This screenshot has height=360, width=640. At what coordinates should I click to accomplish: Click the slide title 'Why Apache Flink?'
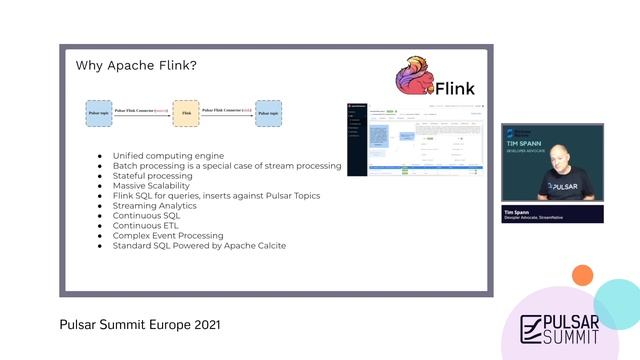tap(136, 66)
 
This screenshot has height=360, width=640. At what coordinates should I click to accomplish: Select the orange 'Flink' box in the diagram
tap(185, 113)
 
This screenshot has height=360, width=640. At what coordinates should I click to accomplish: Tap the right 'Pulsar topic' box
tap(268, 113)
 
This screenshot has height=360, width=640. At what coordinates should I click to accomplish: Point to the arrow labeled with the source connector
tap(142, 113)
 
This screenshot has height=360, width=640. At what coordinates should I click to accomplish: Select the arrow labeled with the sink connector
tap(227, 113)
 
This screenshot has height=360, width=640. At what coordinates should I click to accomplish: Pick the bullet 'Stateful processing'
tap(152, 175)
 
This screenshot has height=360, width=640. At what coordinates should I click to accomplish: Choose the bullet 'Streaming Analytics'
tap(154, 205)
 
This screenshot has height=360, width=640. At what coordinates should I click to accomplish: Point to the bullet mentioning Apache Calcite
tap(199, 245)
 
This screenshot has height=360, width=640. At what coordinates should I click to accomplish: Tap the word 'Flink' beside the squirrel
tap(461, 88)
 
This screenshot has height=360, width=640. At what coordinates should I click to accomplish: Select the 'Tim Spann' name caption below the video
tap(515, 212)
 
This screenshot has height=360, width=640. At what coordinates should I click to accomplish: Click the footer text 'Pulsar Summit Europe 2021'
tap(140, 325)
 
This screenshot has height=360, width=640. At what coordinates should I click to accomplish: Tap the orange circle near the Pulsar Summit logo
tap(582, 275)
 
